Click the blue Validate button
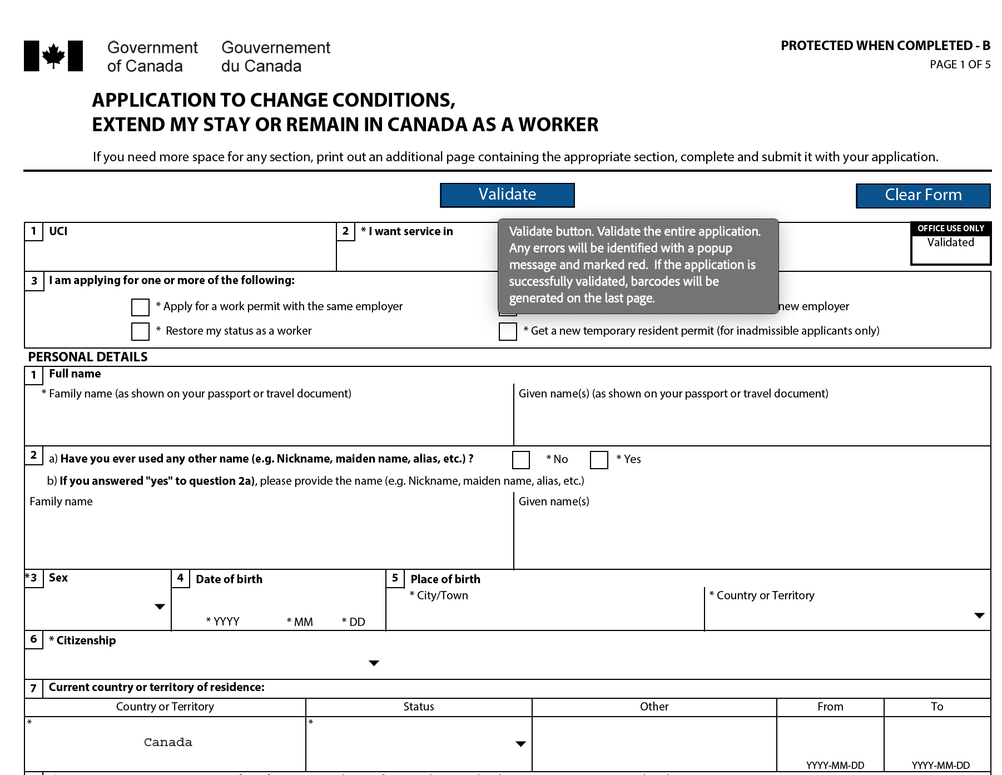tap(507, 195)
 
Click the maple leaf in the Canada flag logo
tap(53, 56)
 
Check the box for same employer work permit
tap(140, 307)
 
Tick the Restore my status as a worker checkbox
tap(140, 331)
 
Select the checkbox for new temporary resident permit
tap(508, 331)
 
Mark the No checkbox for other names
tap(521, 460)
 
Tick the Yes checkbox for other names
tap(599, 460)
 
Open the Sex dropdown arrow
tap(160, 607)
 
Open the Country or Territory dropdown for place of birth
tap(979, 615)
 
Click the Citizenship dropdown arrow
tap(374, 663)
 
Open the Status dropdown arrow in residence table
tap(520, 744)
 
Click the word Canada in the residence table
tap(168, 742)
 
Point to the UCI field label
tap(58, 231)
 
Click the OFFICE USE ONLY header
tap(950, 228)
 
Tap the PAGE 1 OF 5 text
tap(960, 64)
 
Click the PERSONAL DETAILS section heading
tap(88, 357)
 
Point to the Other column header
tap(654, 707)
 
